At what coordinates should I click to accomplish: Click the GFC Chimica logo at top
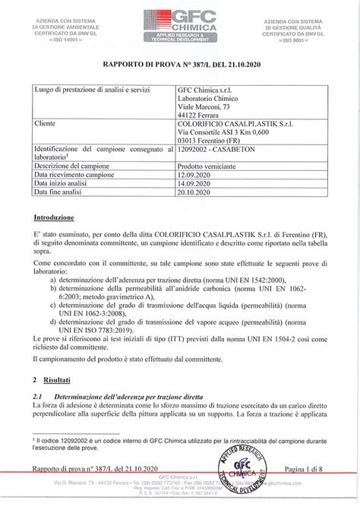[x=181, y=22]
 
